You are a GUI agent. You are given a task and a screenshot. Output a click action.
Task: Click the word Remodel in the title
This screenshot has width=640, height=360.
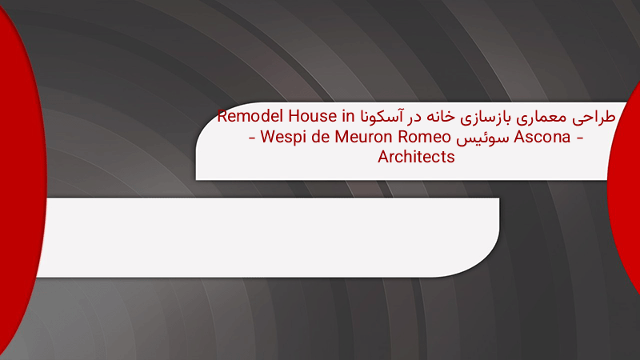pos(250,116)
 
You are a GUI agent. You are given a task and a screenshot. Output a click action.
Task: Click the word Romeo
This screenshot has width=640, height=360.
pos(424,137)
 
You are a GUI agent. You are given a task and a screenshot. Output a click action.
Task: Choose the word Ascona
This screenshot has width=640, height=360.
pos(542,137)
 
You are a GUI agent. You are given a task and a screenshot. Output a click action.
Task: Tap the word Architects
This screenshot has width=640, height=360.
pos(416,157)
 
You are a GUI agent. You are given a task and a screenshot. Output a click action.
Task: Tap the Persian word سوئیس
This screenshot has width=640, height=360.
pos(482,138)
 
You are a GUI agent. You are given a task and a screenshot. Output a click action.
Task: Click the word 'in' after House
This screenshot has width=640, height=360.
pos(348,116)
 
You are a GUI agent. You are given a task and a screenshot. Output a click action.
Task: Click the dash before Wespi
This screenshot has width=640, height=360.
pos(252,138)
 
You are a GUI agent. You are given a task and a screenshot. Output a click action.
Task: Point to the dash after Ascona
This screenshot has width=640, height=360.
pos(579,138)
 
